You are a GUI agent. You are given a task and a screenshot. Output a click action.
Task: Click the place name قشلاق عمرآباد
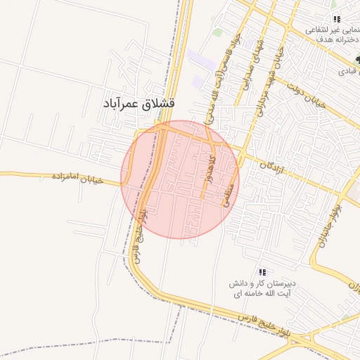point(139,103)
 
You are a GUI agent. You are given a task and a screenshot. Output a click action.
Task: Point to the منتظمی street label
point(227,191)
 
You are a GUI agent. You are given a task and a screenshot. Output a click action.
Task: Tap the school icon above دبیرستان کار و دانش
point(262,272)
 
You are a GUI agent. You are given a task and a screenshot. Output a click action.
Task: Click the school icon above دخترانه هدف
point(337,19)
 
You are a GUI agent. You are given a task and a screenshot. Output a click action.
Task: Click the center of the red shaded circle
point(180,180)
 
